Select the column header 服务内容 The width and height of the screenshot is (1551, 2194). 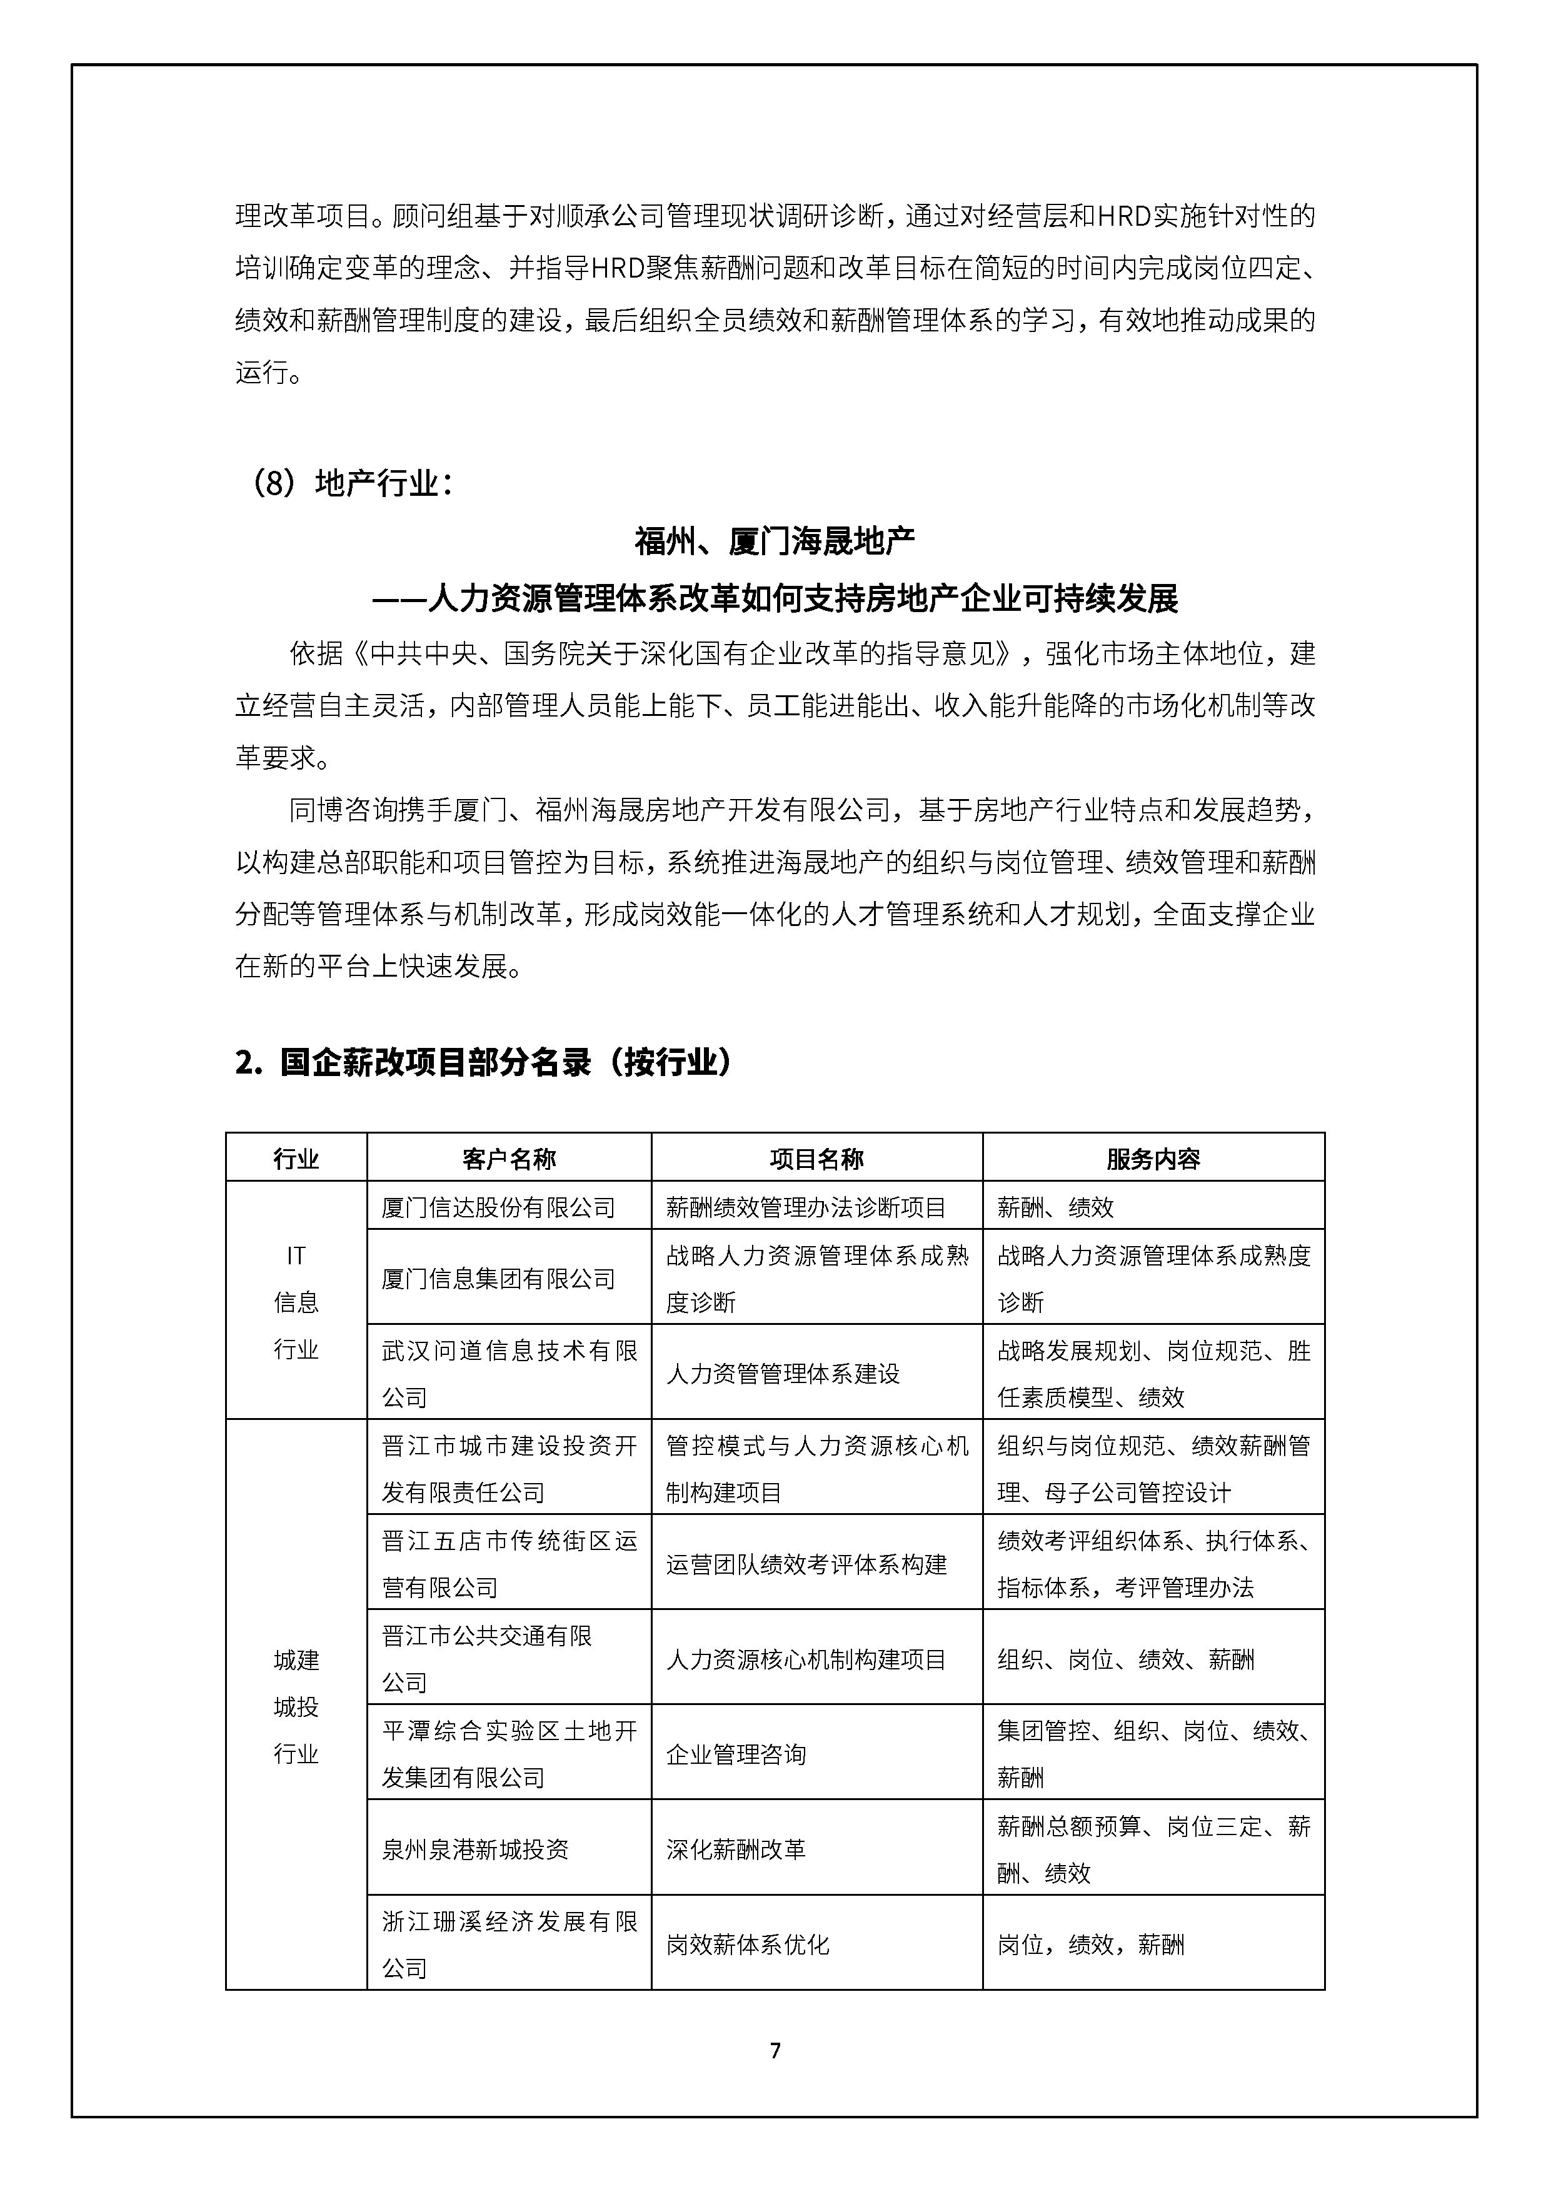click(1153, 1159)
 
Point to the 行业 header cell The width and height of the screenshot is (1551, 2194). click(296, 1159)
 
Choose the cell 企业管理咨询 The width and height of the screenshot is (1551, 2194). click(736, 1754)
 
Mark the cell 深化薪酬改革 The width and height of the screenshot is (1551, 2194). click(736, 1849)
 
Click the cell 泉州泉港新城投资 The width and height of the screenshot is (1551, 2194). click(475, 1849)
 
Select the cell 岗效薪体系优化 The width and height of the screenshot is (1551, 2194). click(747, 1944)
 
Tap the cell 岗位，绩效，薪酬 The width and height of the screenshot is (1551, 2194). click(1090, 1944)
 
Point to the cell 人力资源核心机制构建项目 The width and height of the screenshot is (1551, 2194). click(806, 1659)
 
